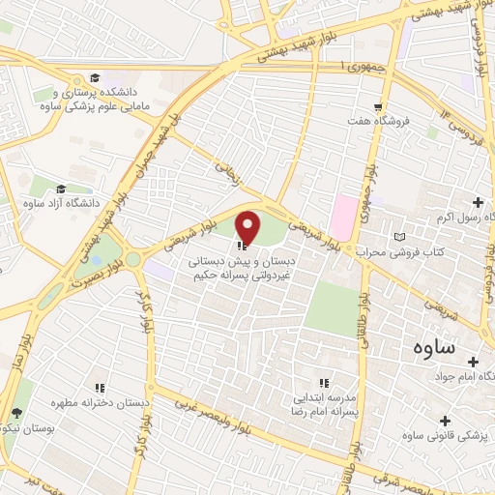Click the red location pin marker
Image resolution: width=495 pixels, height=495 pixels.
tap(248, 228)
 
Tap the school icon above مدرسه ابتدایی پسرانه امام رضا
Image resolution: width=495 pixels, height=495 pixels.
tap(326, 383)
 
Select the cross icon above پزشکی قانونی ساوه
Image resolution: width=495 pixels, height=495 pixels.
tap(445, 421)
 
